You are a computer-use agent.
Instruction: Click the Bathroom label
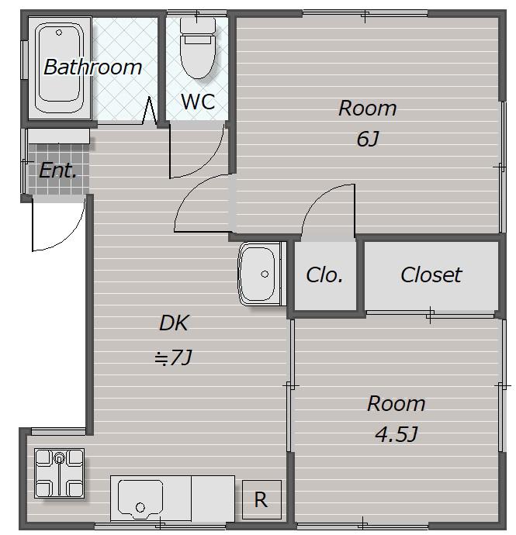coord(92,67)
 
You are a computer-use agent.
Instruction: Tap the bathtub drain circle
coord(59,33)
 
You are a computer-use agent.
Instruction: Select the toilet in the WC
coord(197,48)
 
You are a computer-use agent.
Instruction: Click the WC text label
coord(198,102)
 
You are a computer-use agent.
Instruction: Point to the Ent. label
coord(57,171)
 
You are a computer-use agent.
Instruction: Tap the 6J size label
coord(368,139)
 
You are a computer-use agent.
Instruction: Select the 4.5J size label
coord(397,434)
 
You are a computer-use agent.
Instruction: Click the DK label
coord(174,323)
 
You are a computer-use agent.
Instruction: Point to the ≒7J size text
coord(173,357)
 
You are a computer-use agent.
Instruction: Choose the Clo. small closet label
coord(324,275)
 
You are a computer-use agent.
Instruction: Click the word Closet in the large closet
coord(431,274)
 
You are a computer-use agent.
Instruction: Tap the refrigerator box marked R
coord(261,499)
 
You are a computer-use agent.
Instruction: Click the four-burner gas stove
coord(59,473)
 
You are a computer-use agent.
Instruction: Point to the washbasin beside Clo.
coord(258,274)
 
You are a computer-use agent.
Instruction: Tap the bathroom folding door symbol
coord(149,110)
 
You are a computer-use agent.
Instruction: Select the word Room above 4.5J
coord(397,404)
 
